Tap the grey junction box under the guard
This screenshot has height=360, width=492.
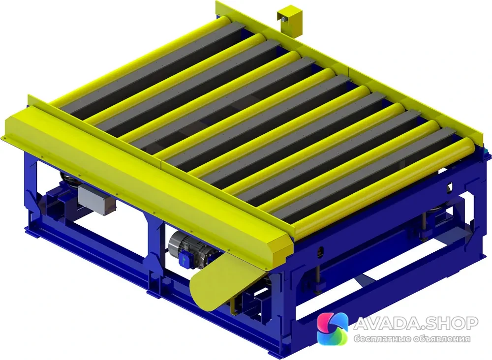pyautogui.click(x=96, y=199)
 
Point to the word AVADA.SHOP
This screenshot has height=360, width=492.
pyautogui.click(x=416, y=323)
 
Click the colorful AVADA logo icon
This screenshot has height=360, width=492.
pyautogui.click(x=333, y=328)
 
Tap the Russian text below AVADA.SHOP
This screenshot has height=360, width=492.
pyautogui.click(x=412, y=339)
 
